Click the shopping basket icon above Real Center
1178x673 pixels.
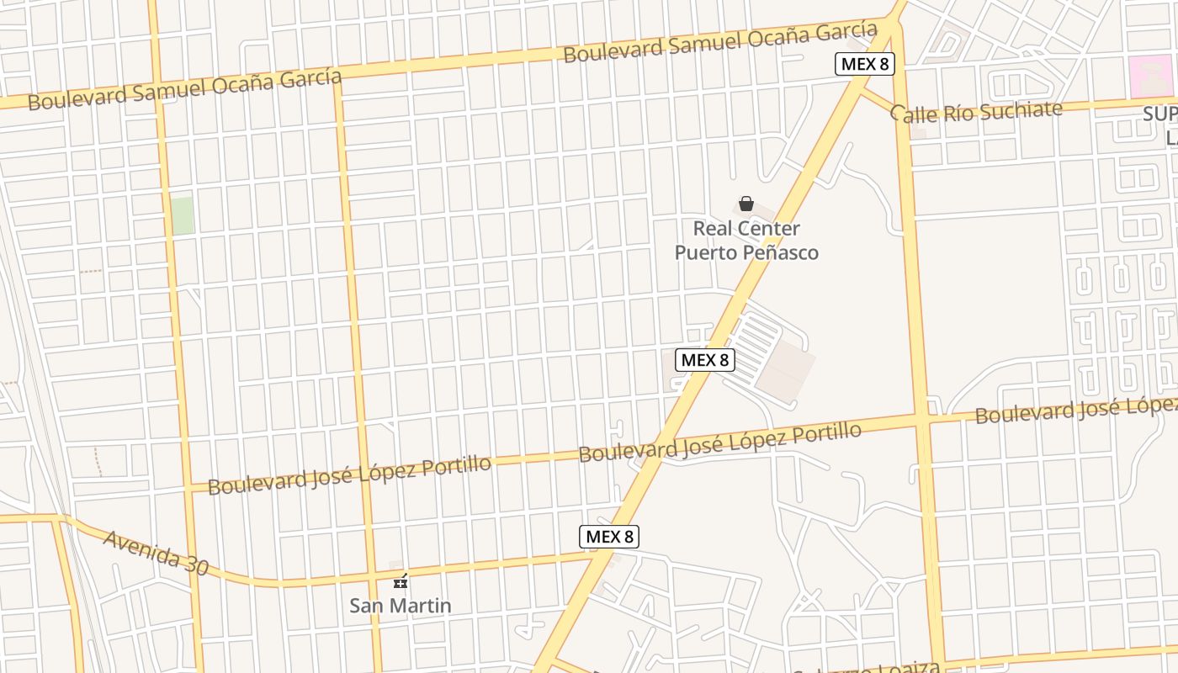[x=746, y=204]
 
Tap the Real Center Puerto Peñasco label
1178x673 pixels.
[x=746, y=241]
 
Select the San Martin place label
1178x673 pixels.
[x=401, y=606]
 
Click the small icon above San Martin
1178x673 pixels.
[x=401, y=580]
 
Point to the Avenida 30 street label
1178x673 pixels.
[x=156, y=552]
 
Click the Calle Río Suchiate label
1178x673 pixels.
[x=976, y=111]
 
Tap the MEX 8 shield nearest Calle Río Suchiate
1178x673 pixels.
[x=863, y=64]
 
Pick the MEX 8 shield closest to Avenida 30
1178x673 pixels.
[x=609, y=537]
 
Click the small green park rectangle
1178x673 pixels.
[x=182, y=215]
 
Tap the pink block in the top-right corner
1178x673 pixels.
[x=1150, y=76]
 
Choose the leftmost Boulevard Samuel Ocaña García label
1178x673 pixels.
[x=185, y=89]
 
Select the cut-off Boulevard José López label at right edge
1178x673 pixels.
[x=1075, y=411]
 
